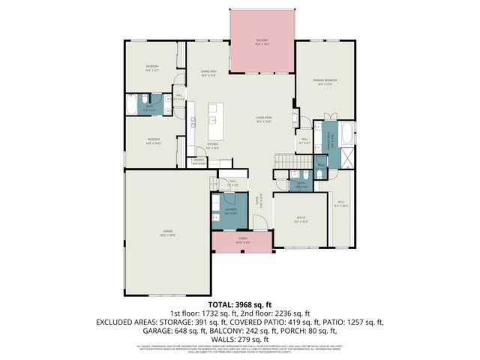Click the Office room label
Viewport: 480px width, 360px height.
coord(301,220)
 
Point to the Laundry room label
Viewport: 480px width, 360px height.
coord(231,211)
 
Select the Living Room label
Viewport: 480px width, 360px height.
coord(263,120)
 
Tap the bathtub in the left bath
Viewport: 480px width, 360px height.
coord(132,105)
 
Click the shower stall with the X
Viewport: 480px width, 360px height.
coord(347,157)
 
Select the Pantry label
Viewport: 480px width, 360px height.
coord(199,160)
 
